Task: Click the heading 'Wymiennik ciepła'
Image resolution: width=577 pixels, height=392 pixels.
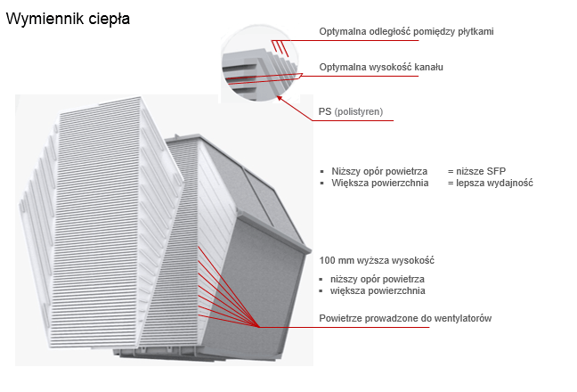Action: pyautogui.click(x=68, y=18)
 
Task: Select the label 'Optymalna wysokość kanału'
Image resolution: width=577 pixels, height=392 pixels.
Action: pyautogui.click(x=381, y=68)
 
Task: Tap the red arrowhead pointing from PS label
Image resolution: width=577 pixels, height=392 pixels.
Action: pyautogui.click(x=281, y=98)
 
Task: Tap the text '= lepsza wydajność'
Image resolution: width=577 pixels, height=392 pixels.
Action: pyautogui.click(x=490, y=183)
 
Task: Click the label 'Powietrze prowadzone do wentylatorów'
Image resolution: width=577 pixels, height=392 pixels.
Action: pyautogui.click(x=405, y=319)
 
